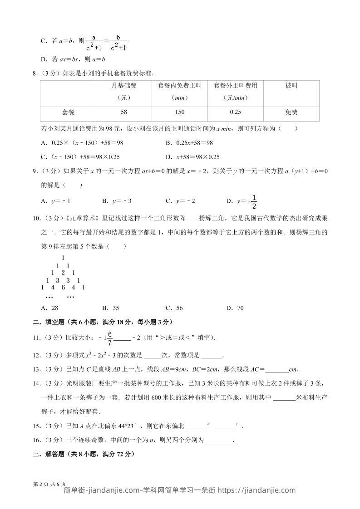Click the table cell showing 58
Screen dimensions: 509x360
click(124, 112)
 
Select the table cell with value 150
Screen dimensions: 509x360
click(179, 112)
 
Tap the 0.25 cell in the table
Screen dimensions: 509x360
click(235, 112)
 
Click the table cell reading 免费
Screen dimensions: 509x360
click(291, 112)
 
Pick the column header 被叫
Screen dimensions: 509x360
click(291, 85)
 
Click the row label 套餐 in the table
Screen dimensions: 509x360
click(68, 112)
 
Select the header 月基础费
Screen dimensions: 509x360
click(124, 85)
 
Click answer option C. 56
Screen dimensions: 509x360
click(174, 308)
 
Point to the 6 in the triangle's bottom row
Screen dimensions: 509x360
click(63, 287)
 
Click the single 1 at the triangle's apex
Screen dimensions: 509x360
click(63, 258)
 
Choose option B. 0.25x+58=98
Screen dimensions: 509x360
click(189, 142)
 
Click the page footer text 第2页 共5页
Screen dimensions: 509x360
click(50, 484)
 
